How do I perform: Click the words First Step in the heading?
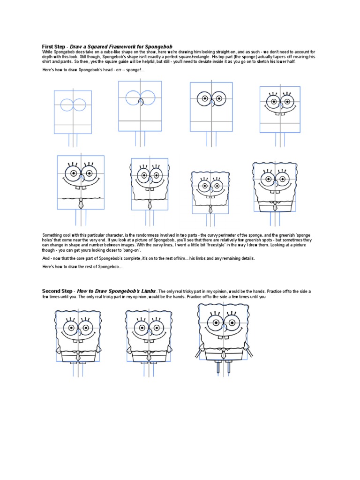click(x=54, y=46)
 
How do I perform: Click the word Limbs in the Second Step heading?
click(x=146, y=291)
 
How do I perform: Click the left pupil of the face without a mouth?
click(x=204, y=98)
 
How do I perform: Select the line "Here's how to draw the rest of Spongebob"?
click(x=82, y=267)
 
